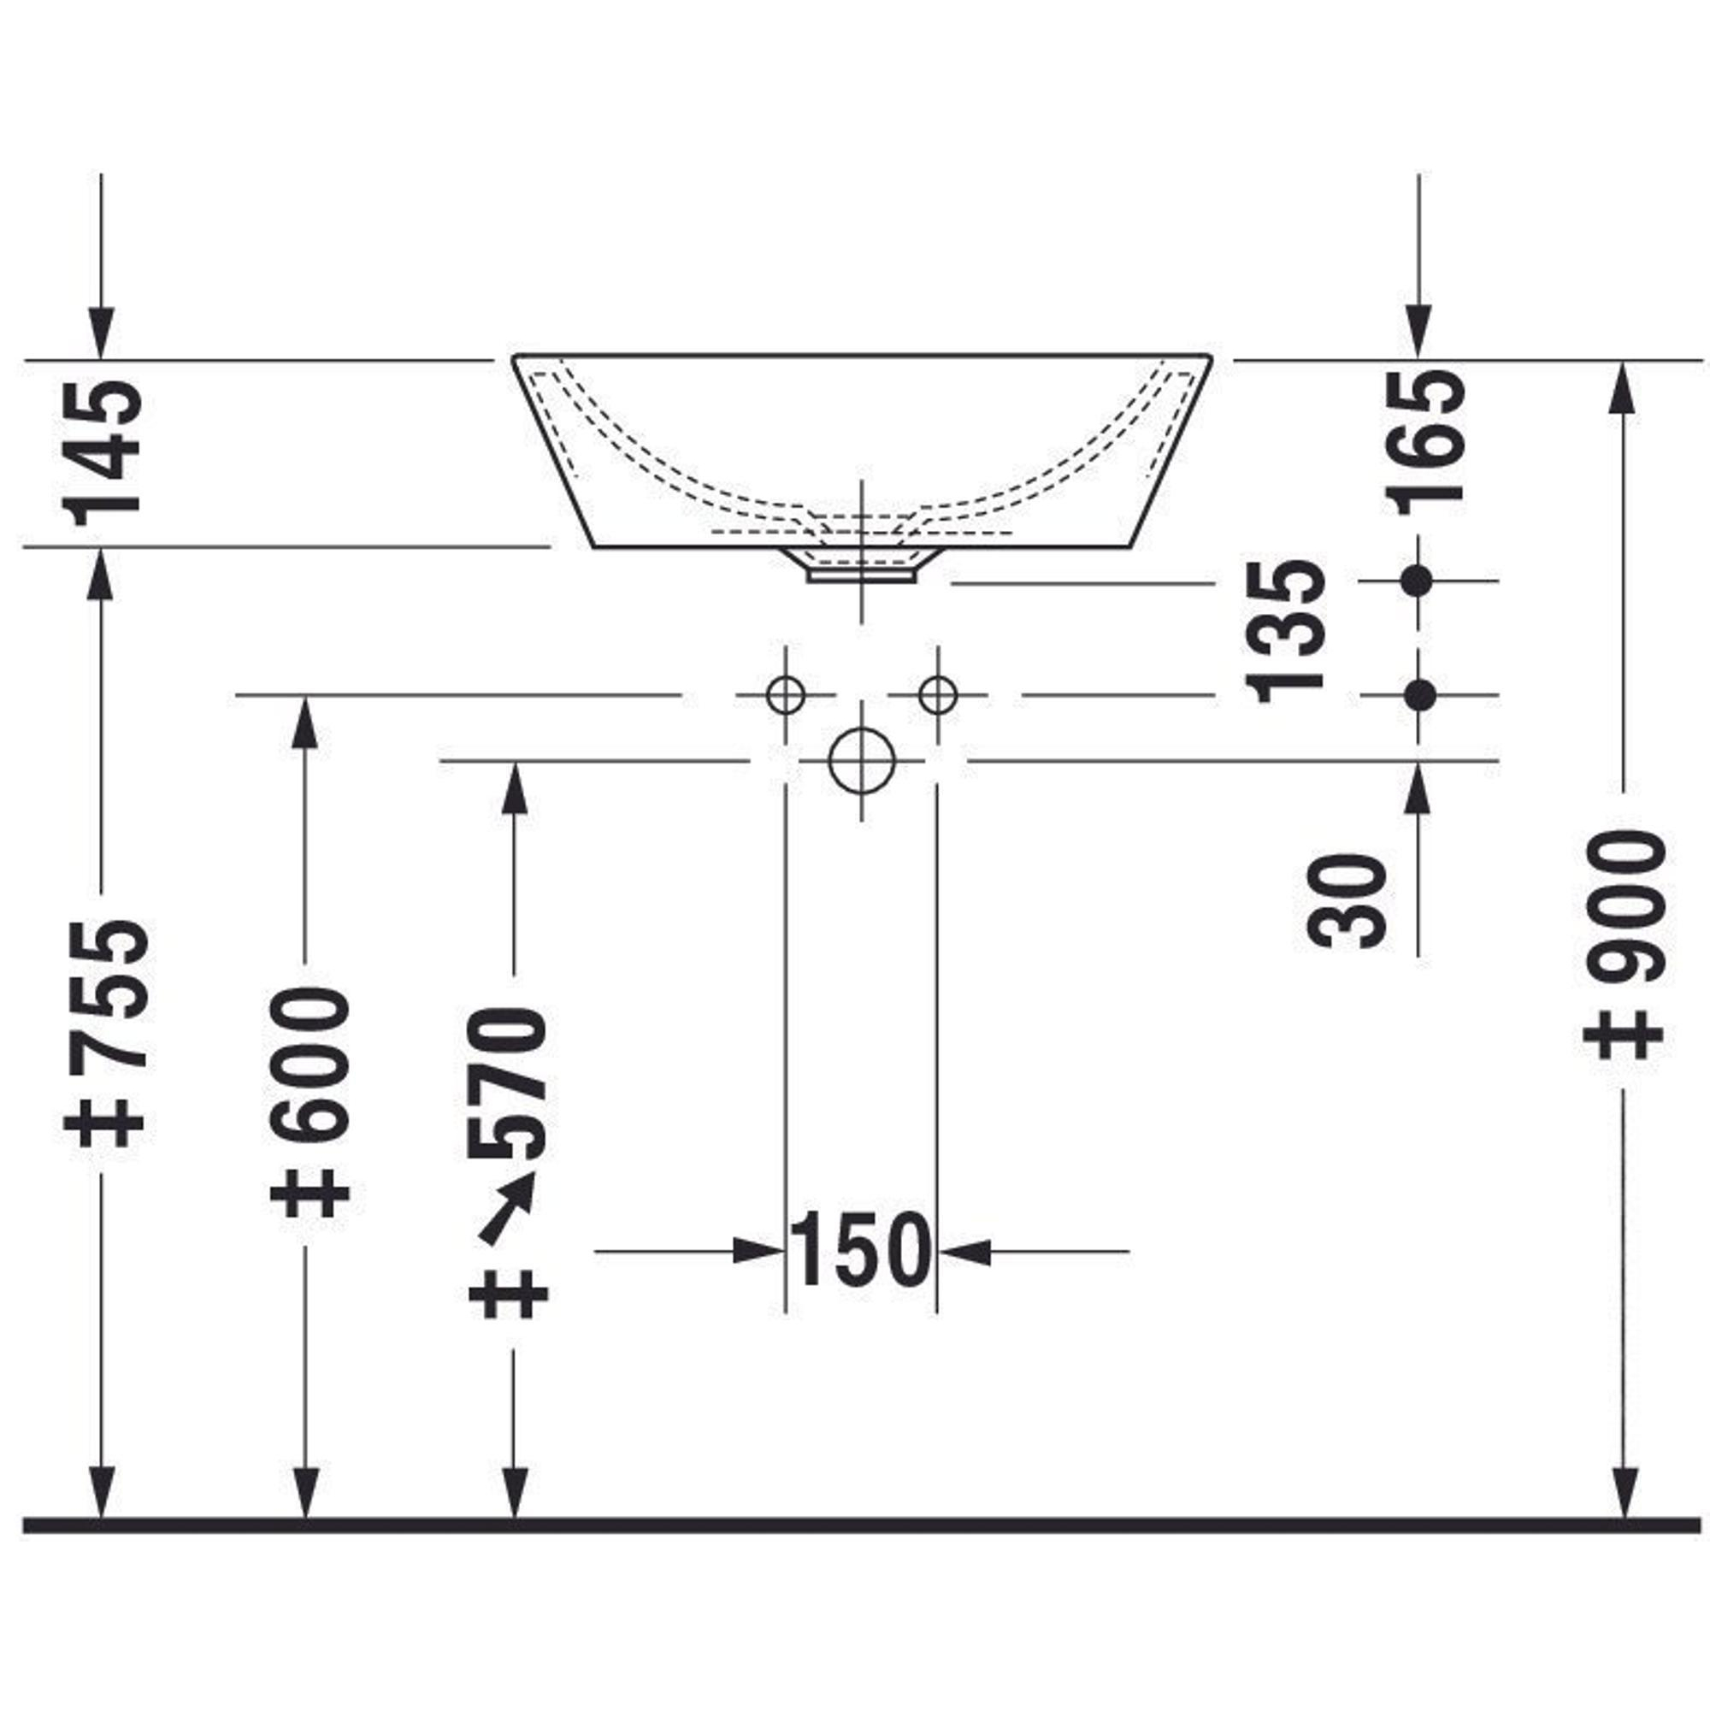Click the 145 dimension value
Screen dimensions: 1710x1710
point(103,452)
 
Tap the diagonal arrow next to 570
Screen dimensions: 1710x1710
point(506,1209)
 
